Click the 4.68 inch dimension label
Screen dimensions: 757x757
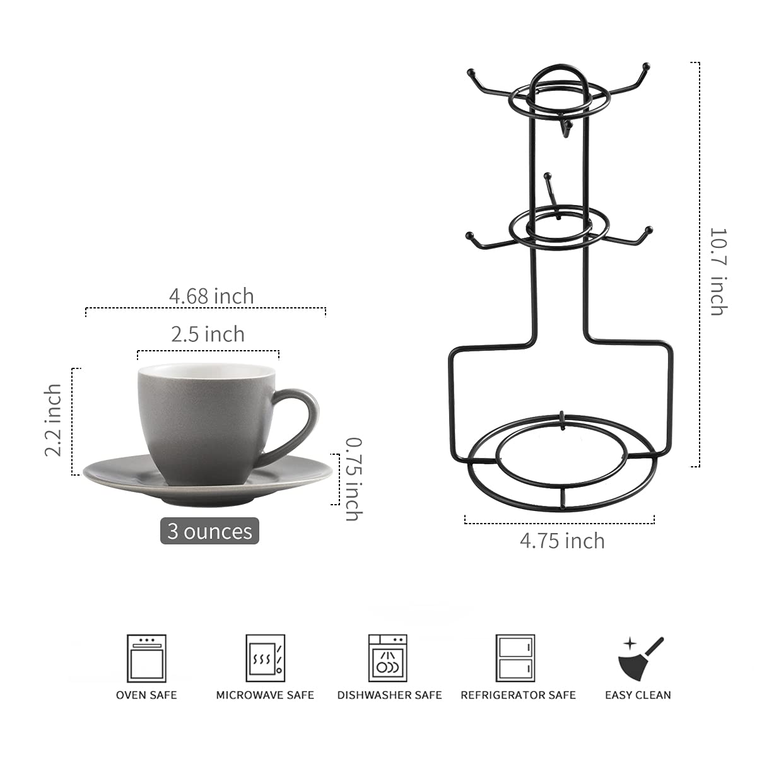pos(211,296)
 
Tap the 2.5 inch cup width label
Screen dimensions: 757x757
pos(208,334)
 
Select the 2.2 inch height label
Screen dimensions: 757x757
pos(54,420)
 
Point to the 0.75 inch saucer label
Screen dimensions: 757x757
pos(353,479)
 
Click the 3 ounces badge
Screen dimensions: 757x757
pos(209,531)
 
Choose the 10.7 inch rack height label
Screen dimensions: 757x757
pos(719,271)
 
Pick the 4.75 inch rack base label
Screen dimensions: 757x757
pos(562,541)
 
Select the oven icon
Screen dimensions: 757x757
pos(146,658)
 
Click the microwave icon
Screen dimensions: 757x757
pos(265,658)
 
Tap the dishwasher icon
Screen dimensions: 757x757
pos(387,658)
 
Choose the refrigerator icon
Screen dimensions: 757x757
pos(515,658)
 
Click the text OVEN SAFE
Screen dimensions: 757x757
pos(146,695)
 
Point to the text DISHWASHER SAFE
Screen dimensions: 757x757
pos(389,695)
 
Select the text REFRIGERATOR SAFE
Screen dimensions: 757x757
pos(518,695)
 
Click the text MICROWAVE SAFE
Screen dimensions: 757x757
pos(265,695)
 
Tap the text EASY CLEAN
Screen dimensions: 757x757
pos(638,695)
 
